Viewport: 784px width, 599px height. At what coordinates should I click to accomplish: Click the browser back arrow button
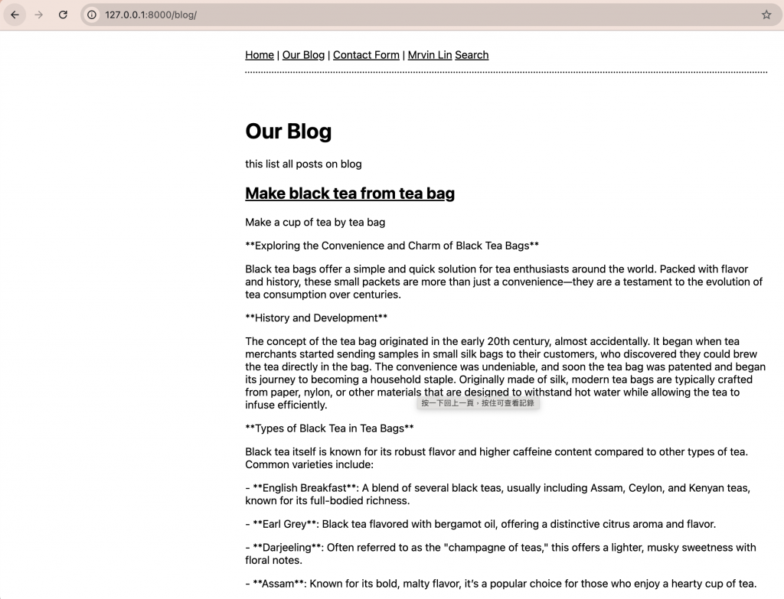tap(15, 15)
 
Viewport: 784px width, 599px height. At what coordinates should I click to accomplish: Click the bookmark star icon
tap(766, 15)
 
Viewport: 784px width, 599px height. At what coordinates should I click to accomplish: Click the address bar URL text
tap(151, 15)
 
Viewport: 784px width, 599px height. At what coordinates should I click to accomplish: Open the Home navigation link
tap(260, 55)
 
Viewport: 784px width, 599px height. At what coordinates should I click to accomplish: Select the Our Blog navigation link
tap(303, 55)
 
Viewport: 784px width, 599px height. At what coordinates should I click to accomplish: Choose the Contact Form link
tap(366, 55)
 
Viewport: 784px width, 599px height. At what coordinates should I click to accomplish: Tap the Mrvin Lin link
tap(430, 55)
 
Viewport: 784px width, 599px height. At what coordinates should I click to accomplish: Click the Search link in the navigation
tap(472, 55)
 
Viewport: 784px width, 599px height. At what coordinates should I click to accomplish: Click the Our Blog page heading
tap(288, 132)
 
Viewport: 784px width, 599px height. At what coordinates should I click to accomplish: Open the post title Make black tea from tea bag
tap(350, 194)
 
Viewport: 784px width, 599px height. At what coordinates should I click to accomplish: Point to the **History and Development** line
tap(316, 318)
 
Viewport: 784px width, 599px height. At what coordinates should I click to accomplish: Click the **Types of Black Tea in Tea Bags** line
tap(329, 428)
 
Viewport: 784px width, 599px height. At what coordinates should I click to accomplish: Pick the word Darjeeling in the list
tap(287, 548)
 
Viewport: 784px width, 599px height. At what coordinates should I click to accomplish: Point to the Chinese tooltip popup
tap(478, 403)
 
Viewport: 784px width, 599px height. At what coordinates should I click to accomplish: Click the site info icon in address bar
tap(91, 15)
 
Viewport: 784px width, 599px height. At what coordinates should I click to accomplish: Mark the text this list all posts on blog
tap(303, 164)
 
